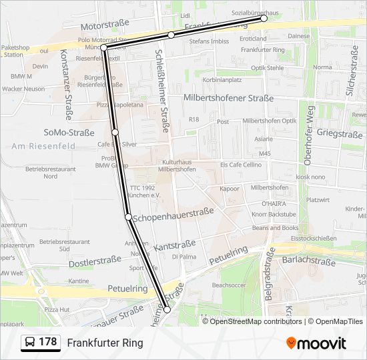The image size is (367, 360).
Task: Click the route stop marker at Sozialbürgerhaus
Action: click(264, 19)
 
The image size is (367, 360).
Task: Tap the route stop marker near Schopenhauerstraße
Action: click(128, 217)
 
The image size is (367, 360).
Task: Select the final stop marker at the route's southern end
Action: click(167, 310)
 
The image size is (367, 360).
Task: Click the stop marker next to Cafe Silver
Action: click(115, 132)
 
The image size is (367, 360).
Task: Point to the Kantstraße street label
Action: click(174, 246)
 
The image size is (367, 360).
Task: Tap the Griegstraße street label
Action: click(340, 134)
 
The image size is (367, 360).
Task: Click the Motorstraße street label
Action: click(103, 27)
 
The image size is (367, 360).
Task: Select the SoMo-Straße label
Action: click(69, 133)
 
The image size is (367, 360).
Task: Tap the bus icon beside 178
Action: click(31, 343)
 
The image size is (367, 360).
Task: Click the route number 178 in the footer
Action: click(47, 342)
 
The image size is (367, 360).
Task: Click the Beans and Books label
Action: click(275, 228)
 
